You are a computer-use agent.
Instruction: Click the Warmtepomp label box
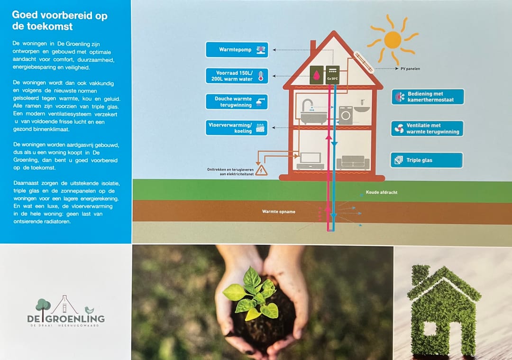237,50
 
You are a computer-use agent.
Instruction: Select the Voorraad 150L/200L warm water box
237,76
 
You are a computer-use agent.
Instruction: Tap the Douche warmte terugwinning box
237,102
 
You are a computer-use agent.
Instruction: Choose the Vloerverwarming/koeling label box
237,128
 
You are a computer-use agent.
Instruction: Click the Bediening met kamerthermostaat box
428,97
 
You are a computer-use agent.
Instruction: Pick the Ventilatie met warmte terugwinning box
427,129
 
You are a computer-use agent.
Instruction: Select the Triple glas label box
427,160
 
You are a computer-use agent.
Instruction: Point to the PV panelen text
410,69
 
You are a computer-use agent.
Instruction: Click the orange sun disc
393,40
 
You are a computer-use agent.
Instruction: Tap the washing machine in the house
346,115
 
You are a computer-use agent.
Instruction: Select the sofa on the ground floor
353,162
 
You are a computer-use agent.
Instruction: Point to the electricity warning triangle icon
261,171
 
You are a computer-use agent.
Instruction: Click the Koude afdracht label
382,193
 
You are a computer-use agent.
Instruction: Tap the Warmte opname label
279,212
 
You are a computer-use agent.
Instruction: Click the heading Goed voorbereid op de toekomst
59,20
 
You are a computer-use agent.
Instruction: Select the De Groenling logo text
66,319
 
